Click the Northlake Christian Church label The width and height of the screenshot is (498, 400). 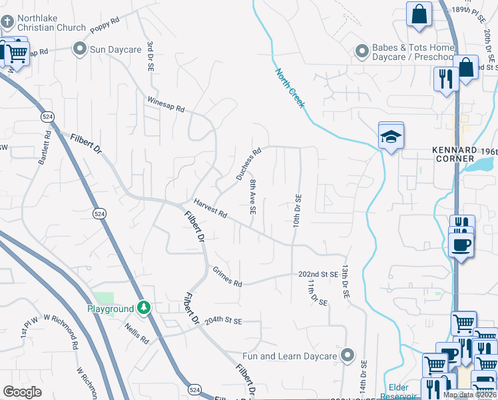[x=51, y=22]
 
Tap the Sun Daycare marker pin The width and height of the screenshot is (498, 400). [x=80, y=49]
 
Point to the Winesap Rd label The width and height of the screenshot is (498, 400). [x=165, y=103]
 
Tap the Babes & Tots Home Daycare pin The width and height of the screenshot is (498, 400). [x=362, y=51]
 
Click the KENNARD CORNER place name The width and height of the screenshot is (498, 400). [x=455, y=155]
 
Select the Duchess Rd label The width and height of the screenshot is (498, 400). [x=248, y=163]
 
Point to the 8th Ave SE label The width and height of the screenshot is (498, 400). [x=253, y=196]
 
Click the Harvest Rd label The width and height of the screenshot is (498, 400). [x=210, y=209]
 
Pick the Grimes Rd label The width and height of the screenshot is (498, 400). [x=227, y=277]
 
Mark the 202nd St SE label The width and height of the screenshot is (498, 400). [x=318, y=274]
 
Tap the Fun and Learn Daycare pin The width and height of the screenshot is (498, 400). [x=346, y=355]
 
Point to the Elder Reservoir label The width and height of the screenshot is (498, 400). [x=399, y=391]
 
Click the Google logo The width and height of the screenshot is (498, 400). [x=22, y=392]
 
